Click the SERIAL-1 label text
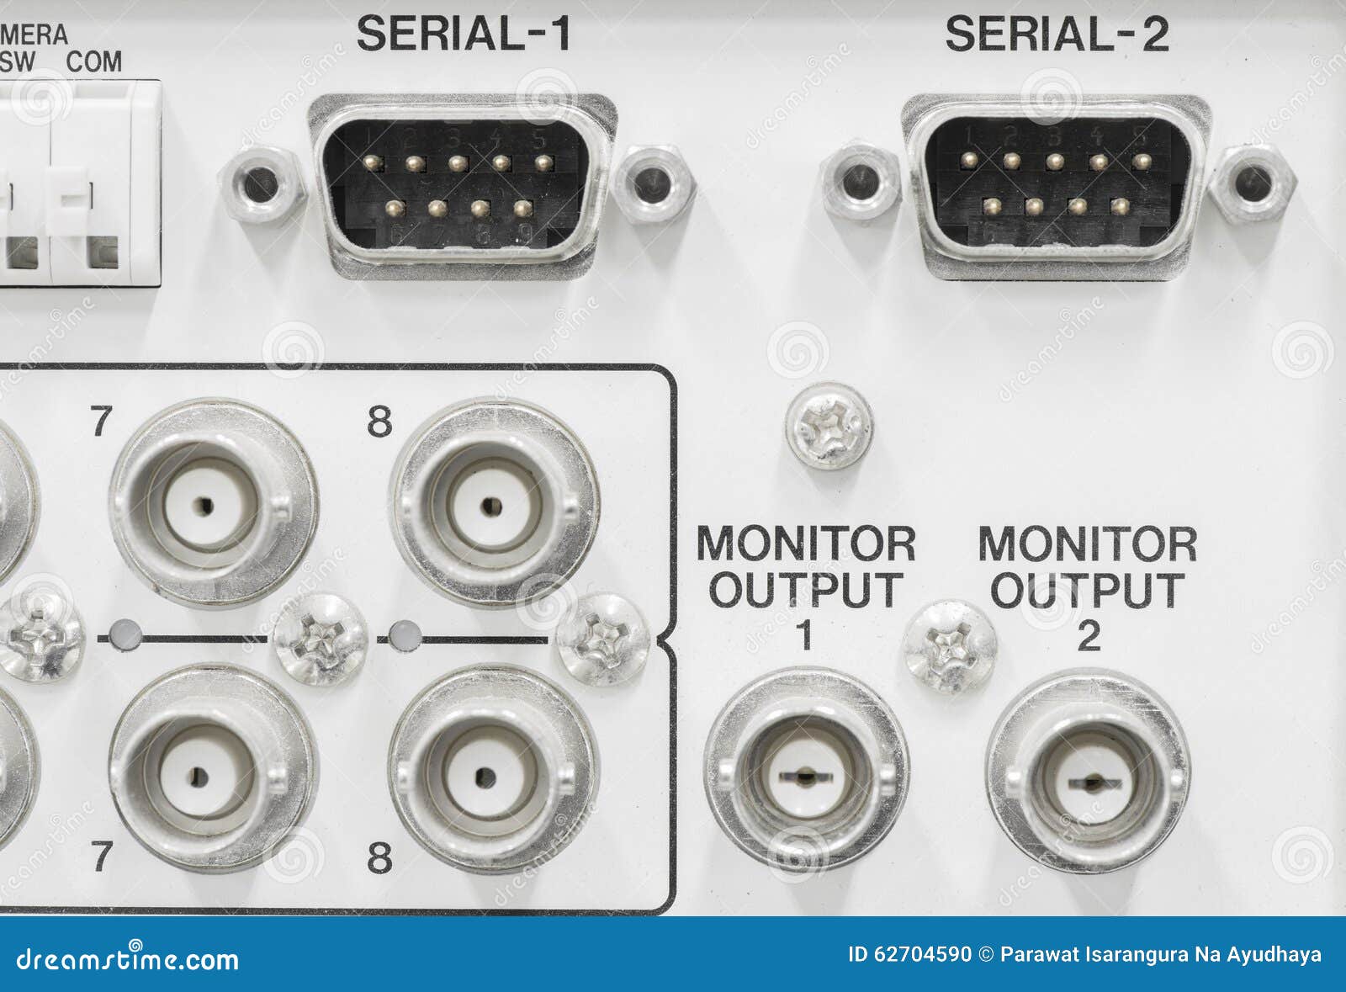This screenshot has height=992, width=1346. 464,34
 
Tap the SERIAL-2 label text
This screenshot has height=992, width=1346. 1057,34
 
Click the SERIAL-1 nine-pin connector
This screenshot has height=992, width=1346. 461,186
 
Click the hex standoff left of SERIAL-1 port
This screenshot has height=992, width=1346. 260,184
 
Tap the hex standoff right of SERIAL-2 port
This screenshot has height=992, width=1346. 1253,183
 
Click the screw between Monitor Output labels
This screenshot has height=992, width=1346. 949,646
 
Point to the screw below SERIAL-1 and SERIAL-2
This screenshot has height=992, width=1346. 829,425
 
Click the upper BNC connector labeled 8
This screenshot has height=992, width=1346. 494,505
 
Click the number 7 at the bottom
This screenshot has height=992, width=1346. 102,857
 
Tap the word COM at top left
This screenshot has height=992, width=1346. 94,61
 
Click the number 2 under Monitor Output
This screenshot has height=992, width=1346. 1089,636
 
